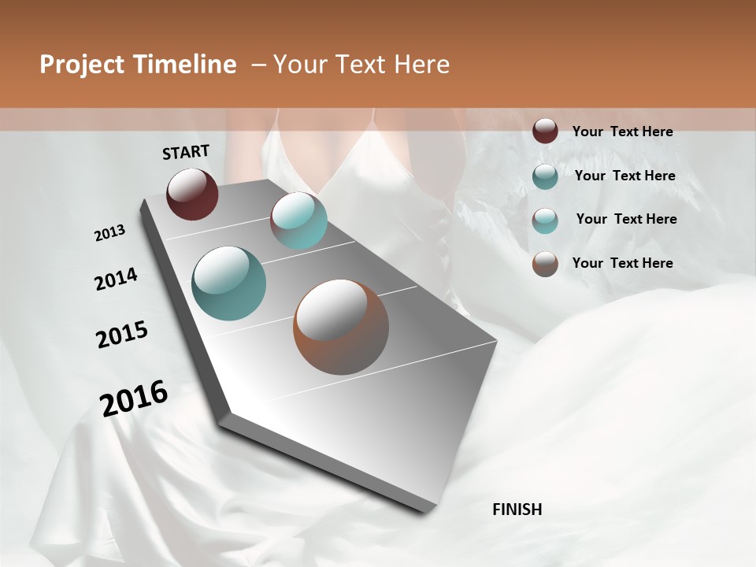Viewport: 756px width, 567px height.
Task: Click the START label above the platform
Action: tap(186, 152)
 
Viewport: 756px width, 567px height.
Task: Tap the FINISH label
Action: tap(517, 510)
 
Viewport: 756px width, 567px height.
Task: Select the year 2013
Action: tap(109, 233)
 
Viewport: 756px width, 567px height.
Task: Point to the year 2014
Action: tap(116, 280)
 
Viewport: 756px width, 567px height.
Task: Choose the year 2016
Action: tap(134, 398)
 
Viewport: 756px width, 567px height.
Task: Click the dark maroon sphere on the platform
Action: tap(192, 194)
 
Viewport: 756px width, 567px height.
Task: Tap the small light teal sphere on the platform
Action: tap(299, 220)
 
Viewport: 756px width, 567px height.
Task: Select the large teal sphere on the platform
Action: tap(229, 283)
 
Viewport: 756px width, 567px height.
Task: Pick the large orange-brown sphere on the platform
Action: tap(341, 327)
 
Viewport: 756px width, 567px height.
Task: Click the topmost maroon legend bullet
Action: tap(545, 132)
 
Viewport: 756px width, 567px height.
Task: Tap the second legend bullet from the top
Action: tap(545, 176)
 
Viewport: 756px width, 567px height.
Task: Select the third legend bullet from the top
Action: tap(545, 220)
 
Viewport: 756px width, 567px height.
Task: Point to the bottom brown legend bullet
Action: tap(545, 264)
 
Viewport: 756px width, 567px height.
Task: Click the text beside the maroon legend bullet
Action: tap(622, 132)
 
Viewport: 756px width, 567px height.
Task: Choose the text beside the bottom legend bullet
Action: tap(622, 263)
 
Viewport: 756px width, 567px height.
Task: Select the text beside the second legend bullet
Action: tap(624, 176)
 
